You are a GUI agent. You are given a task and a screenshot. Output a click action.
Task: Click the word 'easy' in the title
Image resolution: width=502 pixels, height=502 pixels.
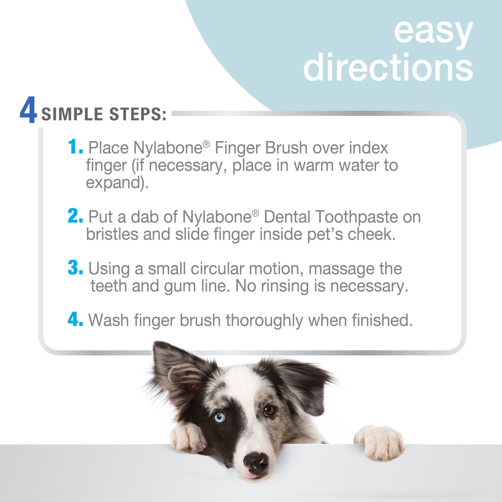433,31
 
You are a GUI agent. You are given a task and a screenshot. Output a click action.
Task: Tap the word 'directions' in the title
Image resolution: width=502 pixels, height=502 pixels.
388,67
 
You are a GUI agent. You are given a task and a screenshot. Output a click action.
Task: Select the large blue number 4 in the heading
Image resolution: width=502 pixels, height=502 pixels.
28,111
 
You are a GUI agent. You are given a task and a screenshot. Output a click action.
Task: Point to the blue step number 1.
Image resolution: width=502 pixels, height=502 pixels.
75,148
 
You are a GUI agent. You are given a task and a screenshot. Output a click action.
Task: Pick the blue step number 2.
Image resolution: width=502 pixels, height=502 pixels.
76,217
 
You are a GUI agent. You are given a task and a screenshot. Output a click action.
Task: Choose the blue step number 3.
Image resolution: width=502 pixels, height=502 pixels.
76,268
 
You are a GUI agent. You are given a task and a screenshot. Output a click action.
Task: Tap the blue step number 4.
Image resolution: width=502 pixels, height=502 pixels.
76,320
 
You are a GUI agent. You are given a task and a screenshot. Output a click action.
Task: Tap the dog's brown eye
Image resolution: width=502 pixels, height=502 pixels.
270,410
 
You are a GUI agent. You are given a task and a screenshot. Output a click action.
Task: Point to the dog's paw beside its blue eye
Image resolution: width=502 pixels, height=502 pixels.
187,436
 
